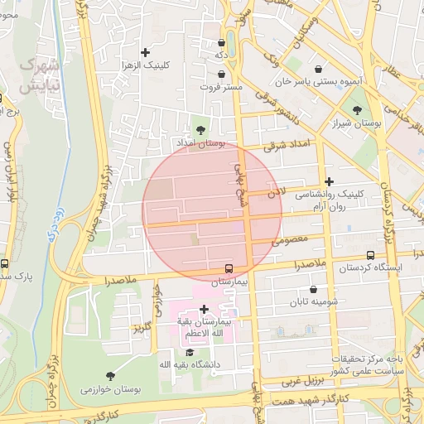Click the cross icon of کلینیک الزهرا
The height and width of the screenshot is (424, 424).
coord(146,52)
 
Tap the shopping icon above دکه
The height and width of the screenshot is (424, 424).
coord(221,43)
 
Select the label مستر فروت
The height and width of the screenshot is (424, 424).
coord(221,86)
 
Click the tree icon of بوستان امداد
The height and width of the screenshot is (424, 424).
coord(199,129)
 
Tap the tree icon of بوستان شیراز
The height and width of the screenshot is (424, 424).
coord(357,109)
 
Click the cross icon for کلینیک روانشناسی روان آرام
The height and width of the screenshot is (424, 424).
coord(330,181)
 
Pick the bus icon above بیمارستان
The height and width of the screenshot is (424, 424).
coord(229,267)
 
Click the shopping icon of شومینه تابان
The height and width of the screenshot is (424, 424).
coord(313,289)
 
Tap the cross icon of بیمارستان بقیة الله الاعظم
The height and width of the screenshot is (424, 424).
coord(204,309)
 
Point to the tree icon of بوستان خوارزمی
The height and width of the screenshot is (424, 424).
coord(110,376)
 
